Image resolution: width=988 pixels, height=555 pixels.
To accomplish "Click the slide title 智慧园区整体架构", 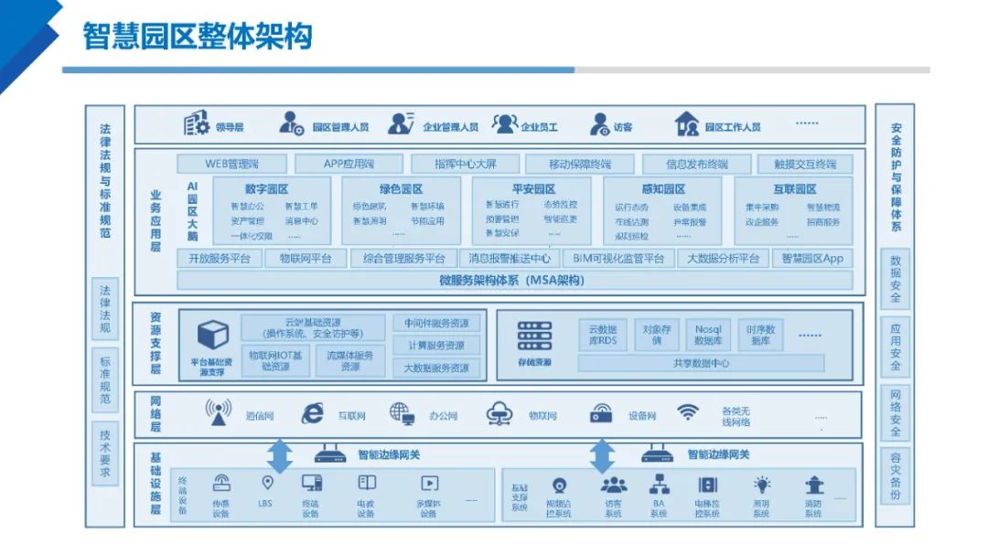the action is pos(198,36).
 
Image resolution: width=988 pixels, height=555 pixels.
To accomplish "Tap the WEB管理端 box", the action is pos(231,165).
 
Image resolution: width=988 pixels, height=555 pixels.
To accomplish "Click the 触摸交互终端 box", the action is pos(805,165).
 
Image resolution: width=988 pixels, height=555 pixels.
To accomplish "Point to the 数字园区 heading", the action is pos(266,189).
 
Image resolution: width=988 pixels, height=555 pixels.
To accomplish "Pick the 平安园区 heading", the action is pos(529,189).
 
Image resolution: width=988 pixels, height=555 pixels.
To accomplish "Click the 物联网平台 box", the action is pos(306,259).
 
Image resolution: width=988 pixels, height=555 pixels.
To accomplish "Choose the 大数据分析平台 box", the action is pos(723,259).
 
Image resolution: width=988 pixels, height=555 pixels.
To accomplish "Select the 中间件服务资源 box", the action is pos(436,324).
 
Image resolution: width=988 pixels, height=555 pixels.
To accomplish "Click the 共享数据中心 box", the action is pos(701,363).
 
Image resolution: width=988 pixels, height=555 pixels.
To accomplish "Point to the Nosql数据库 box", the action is pos(708,335).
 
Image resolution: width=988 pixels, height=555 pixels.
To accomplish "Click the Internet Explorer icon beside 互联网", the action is pos(313,414).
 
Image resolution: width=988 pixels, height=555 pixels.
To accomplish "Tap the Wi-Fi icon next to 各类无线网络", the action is pos(688,412).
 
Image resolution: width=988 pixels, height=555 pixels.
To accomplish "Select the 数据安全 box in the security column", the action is pos(896,279).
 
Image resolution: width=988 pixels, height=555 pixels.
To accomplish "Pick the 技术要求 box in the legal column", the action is pos(105,454).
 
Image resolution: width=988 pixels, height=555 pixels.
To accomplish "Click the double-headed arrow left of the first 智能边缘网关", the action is pos(280,455).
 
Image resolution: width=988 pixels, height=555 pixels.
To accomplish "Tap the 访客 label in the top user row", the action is pos(623,127).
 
